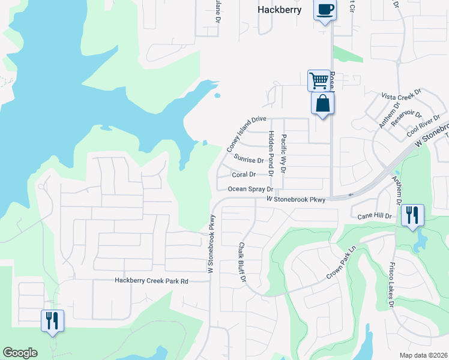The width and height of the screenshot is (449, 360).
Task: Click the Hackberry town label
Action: pos(279,10)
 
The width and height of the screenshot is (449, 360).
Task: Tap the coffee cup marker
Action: pos(325,10)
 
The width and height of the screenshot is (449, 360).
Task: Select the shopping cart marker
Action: pos(318,80)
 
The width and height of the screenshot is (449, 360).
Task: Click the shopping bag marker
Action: pos(323,103)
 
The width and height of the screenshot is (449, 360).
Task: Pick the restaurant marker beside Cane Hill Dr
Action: pos(412,215)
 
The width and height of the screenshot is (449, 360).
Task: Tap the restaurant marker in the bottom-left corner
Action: pos(52,320)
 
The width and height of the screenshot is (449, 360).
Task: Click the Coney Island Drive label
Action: pos(246,133)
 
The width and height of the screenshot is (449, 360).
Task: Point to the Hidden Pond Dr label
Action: pos(271,152)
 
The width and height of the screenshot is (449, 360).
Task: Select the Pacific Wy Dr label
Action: pos(284,154)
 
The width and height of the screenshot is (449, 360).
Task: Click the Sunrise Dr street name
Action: pos(249,160)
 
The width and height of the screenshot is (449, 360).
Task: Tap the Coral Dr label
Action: pos(244,175)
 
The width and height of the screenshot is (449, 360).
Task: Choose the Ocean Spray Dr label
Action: pos(250,189)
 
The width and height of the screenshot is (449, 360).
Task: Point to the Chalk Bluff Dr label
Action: pos(242,262)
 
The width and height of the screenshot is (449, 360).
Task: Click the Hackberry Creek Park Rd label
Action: pos(151,281)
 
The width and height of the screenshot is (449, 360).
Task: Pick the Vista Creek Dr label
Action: pos(402,97)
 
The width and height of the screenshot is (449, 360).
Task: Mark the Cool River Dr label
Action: pos(420,127)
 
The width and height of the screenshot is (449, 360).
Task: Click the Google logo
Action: pos(20,352)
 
